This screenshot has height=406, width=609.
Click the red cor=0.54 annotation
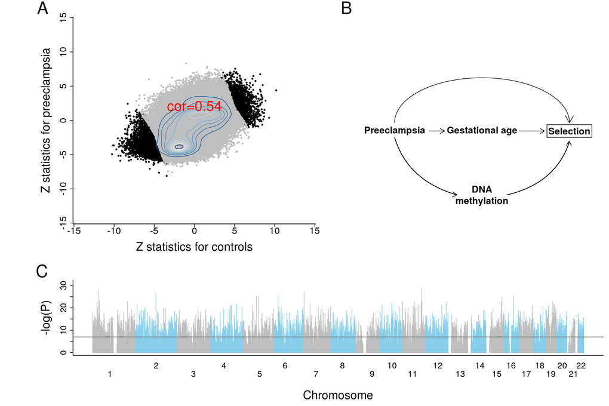click(193, 107)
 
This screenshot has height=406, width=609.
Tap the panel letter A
click(42, 9)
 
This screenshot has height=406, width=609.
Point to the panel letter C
click(42, 271)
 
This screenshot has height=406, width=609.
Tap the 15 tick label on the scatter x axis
click(315, 229)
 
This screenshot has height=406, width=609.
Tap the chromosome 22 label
click(580, 365)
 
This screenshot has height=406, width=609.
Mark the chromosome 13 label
click(460, 374)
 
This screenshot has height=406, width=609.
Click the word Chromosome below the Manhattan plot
click(338, 395)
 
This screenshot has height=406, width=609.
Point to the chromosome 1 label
click(110, 374)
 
